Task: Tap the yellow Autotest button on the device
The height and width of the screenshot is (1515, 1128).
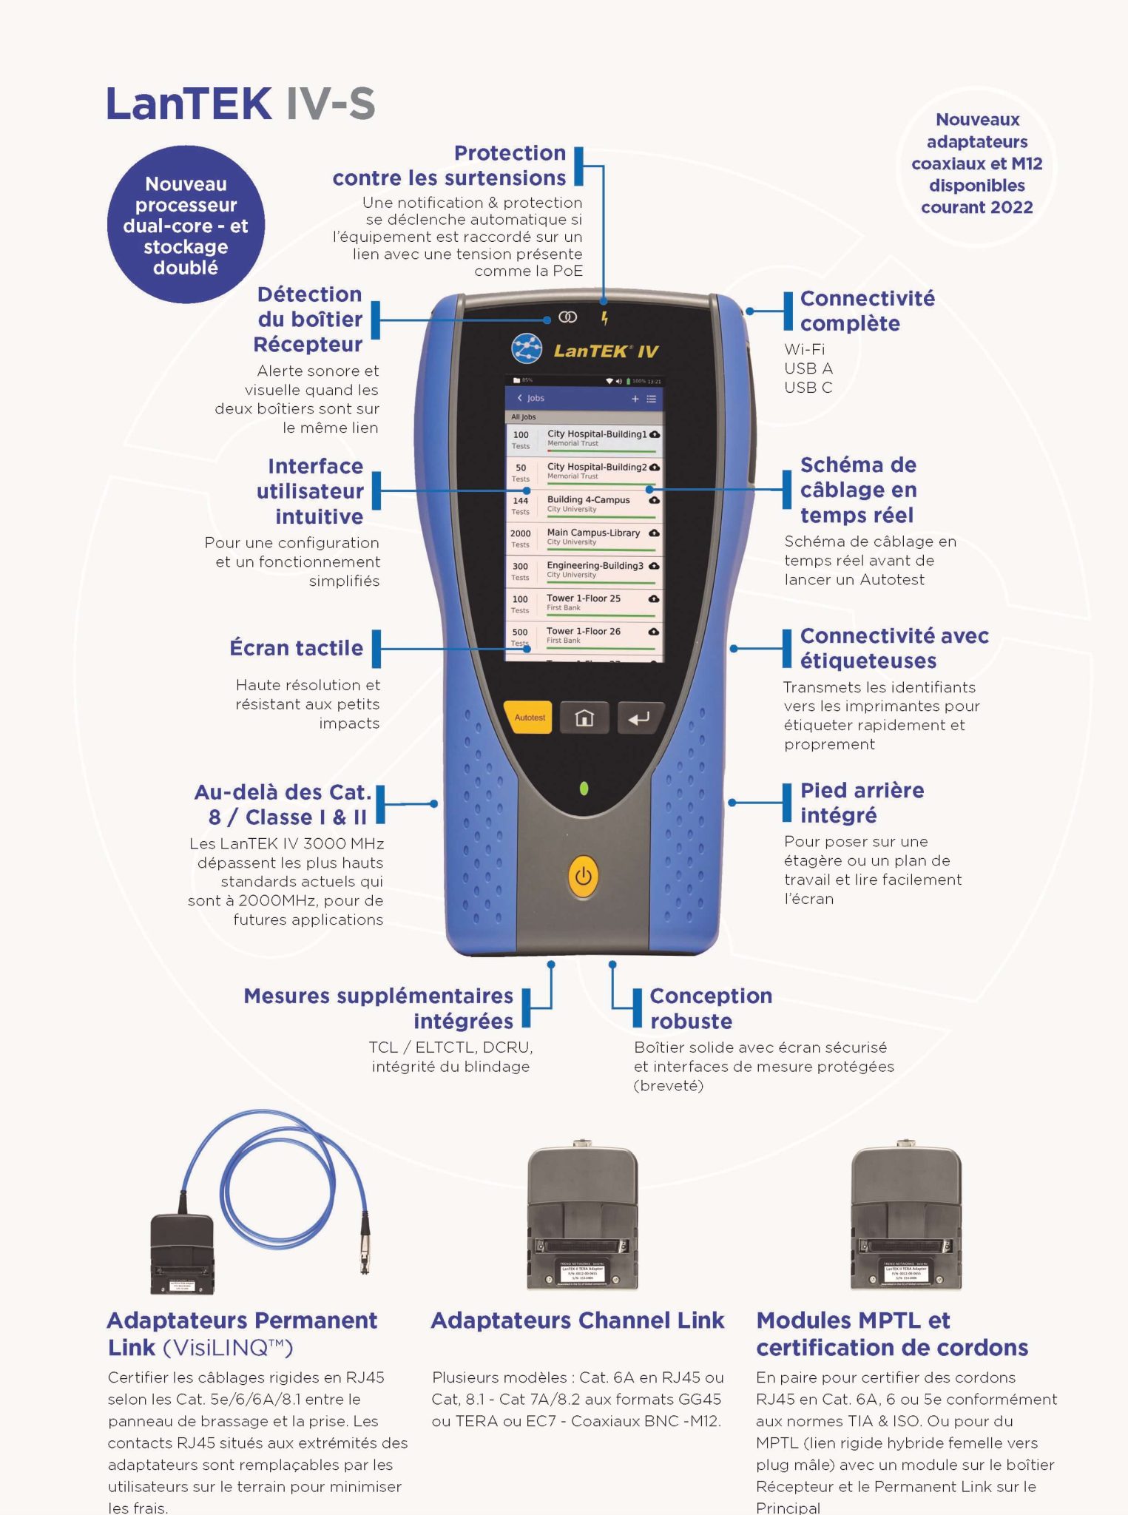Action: click(529, 718)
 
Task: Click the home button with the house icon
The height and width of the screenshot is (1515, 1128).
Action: click(584, 718)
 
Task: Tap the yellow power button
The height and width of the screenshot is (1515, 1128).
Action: click(584, 877)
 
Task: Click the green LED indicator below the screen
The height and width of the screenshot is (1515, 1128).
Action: click(584, 789)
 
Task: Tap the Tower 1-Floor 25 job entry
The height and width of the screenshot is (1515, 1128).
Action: click(584, 603)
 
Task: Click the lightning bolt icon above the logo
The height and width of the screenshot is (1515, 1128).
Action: click(605, 318)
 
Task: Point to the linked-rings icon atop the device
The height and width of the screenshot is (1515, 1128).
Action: click(567, 317)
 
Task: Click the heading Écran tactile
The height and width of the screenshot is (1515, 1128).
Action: click(296, 648)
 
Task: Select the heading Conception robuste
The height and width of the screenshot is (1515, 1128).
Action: click(710, 1008)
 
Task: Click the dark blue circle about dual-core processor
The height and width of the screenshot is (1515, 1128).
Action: click(186, 225)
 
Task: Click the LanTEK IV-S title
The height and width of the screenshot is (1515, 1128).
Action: click(240, 104)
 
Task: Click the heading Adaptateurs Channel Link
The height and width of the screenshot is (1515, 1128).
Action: click(577, 1320)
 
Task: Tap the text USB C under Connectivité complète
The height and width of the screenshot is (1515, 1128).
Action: click(808, 388)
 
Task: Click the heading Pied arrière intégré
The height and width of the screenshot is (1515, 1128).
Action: click(862, 803)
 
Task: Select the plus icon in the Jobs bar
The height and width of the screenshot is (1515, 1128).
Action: click(635, 399)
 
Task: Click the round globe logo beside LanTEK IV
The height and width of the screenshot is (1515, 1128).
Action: click(526, 349)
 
